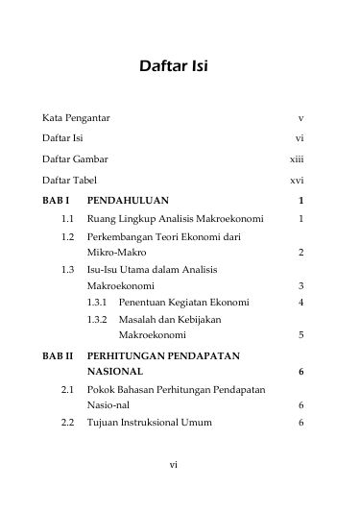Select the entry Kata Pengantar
point(76,117)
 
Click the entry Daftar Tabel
point(69,181)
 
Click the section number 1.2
point(66,236)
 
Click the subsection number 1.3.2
point(97,319)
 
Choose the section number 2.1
point(66,390)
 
